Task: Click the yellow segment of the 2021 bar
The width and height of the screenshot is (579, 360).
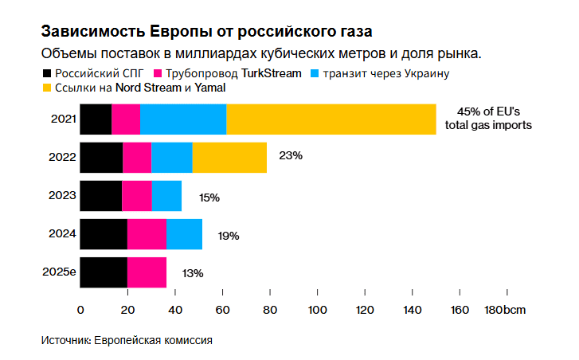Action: click(x=331, y=119)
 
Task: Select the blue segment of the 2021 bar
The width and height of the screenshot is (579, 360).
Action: click(x=183, y=119)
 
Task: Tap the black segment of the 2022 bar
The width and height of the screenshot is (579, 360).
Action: click(x=101, y=157)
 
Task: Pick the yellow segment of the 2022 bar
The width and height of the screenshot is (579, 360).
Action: click(x=229, y=157)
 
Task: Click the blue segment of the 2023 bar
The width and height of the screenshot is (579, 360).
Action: click(x=166, y=195)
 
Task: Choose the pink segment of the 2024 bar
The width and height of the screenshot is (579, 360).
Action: click(x=147, y=234)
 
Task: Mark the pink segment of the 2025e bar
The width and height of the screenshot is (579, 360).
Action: click(x=147, y=272)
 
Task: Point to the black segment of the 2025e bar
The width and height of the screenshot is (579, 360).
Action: click(x=104, y=272)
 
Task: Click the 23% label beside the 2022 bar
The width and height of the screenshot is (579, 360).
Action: click(x=291, y=156)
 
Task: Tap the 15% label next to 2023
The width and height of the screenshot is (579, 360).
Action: click(x=209, y=197)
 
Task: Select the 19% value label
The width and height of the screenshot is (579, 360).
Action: click(x=229, y=236)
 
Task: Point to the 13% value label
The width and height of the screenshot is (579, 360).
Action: click(x=193, y=273)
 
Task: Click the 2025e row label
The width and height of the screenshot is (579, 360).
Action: click(x=59, y=272)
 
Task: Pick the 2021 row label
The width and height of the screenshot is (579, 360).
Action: click(x=63, y=119)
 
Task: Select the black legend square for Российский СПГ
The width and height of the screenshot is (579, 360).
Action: click(x=47, y=73)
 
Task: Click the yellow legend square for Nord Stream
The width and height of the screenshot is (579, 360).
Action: click(x=47, y=87)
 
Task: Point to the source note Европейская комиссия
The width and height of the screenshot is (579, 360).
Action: click(x=153, y=340)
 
